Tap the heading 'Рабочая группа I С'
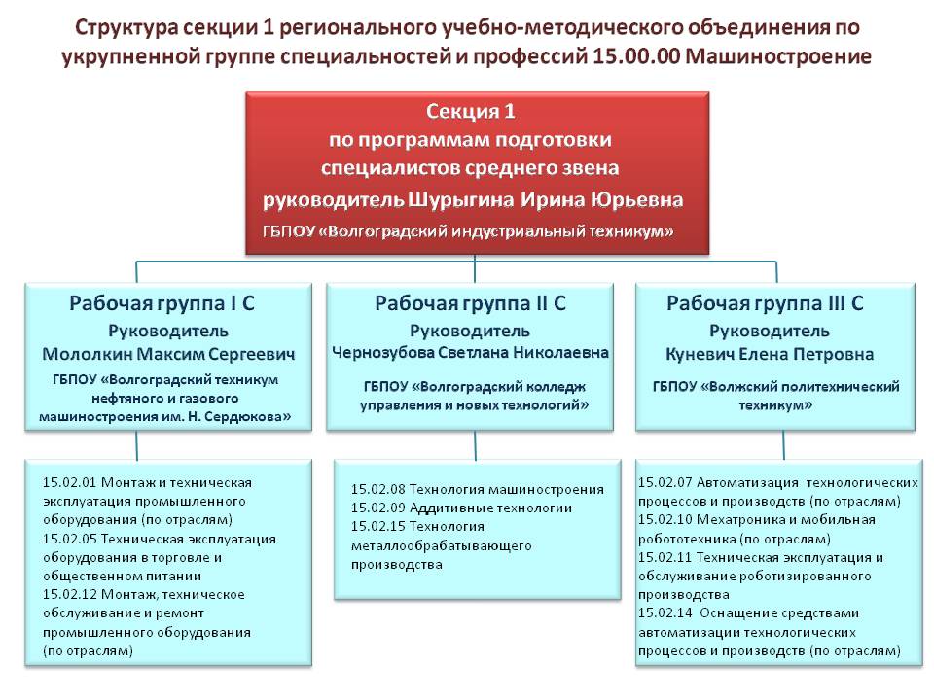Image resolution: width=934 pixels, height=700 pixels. coord(162,302)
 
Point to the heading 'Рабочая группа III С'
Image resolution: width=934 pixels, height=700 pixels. coord(765,302)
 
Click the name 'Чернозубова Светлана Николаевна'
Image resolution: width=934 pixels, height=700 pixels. coord(471,353)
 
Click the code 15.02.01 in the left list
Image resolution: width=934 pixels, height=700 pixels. coord(69,482)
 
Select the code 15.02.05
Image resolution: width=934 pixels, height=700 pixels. coord(69,538)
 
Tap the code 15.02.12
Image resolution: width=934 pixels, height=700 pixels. coord(69,594)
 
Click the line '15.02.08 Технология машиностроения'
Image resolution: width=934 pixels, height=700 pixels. coord(478,489)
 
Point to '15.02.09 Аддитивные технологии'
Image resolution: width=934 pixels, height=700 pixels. coord(461,507)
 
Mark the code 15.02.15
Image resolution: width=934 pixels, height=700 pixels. coord(377,526)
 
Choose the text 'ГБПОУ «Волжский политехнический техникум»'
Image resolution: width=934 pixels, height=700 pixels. coord(775,394)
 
